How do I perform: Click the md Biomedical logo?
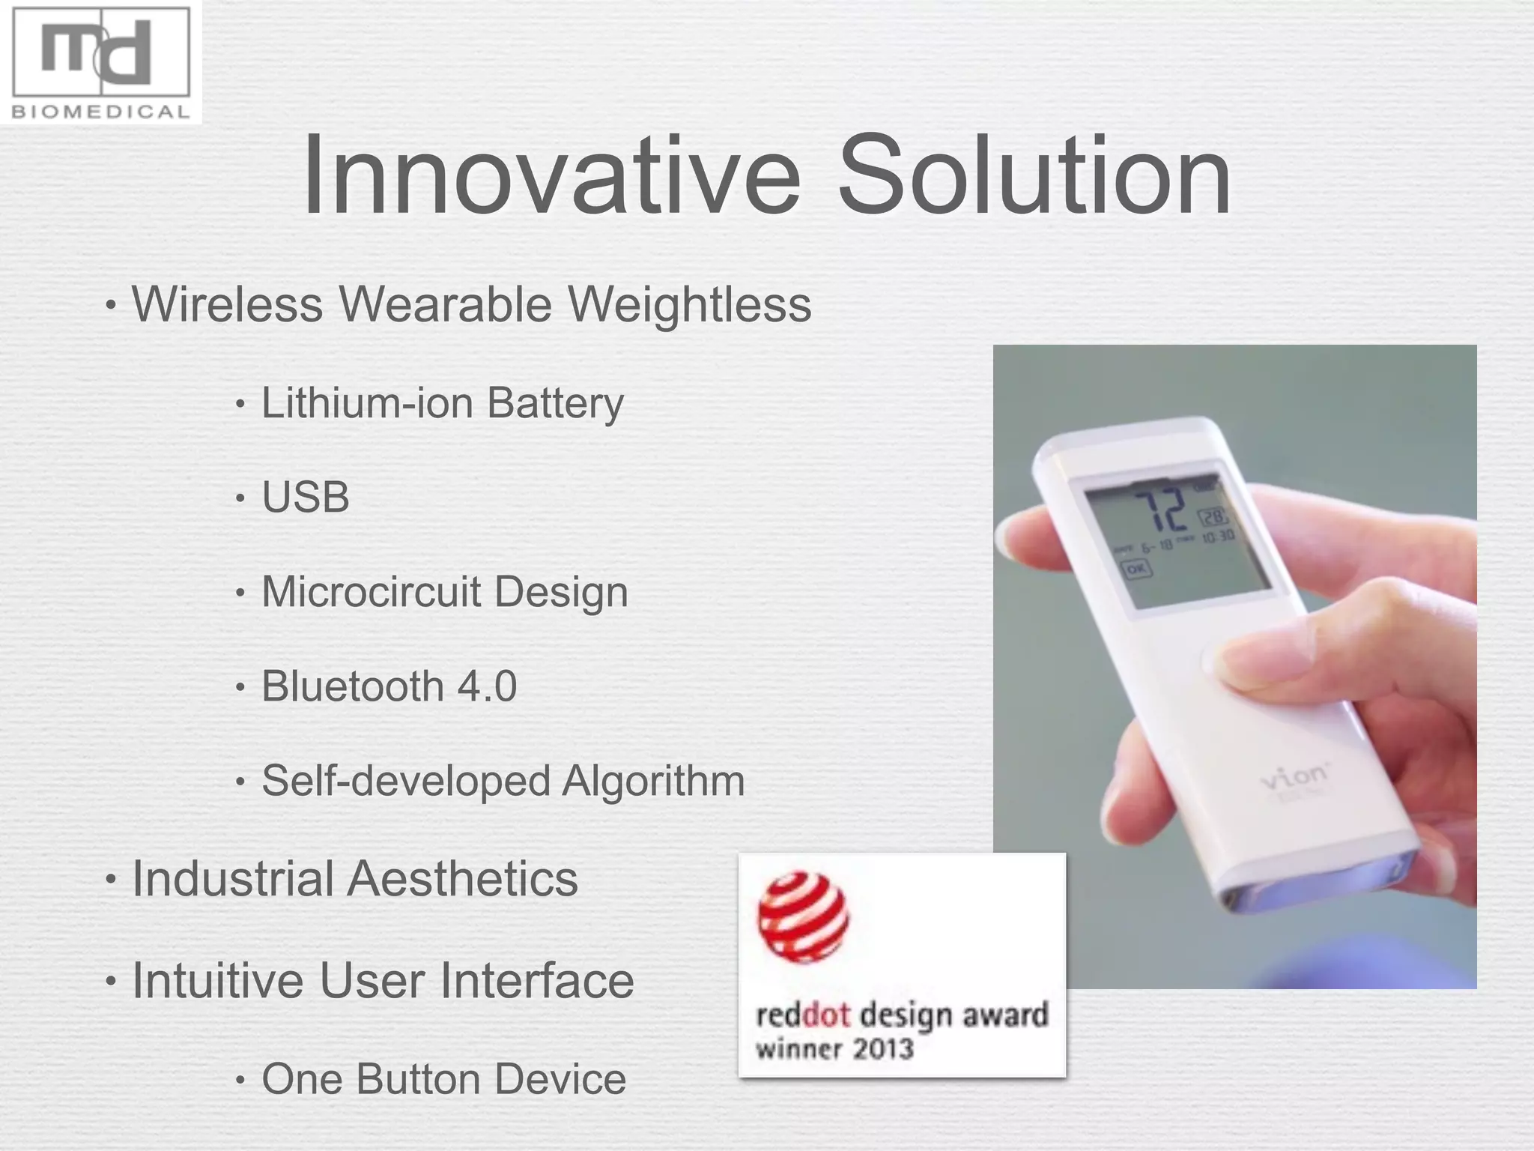pyautogui.click(x=101, y=62)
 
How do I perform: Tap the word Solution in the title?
pyautogui.click(x=1034, y=176)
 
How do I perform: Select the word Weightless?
pyautogui.click(x=689, y=305)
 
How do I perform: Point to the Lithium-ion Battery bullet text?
pyautogui.click(x=442, y=404)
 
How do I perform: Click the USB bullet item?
pyautogui.click(x=306, y=498)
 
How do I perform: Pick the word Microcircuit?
pyautogui.click(x=371, y=592)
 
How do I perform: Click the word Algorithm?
pyautogui.click(x=653, y=782)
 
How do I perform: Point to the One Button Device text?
pyautogui.click(x=443, y=1079)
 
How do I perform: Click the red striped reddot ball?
pyautogui.click(x=803, y=916)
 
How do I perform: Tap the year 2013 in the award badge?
pyautogui.click(x=883, y=1048)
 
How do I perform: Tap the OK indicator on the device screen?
pyautogui.click(x=1136, y=569)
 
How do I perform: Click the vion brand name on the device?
pyautogui.click(x=1294, y=778)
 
